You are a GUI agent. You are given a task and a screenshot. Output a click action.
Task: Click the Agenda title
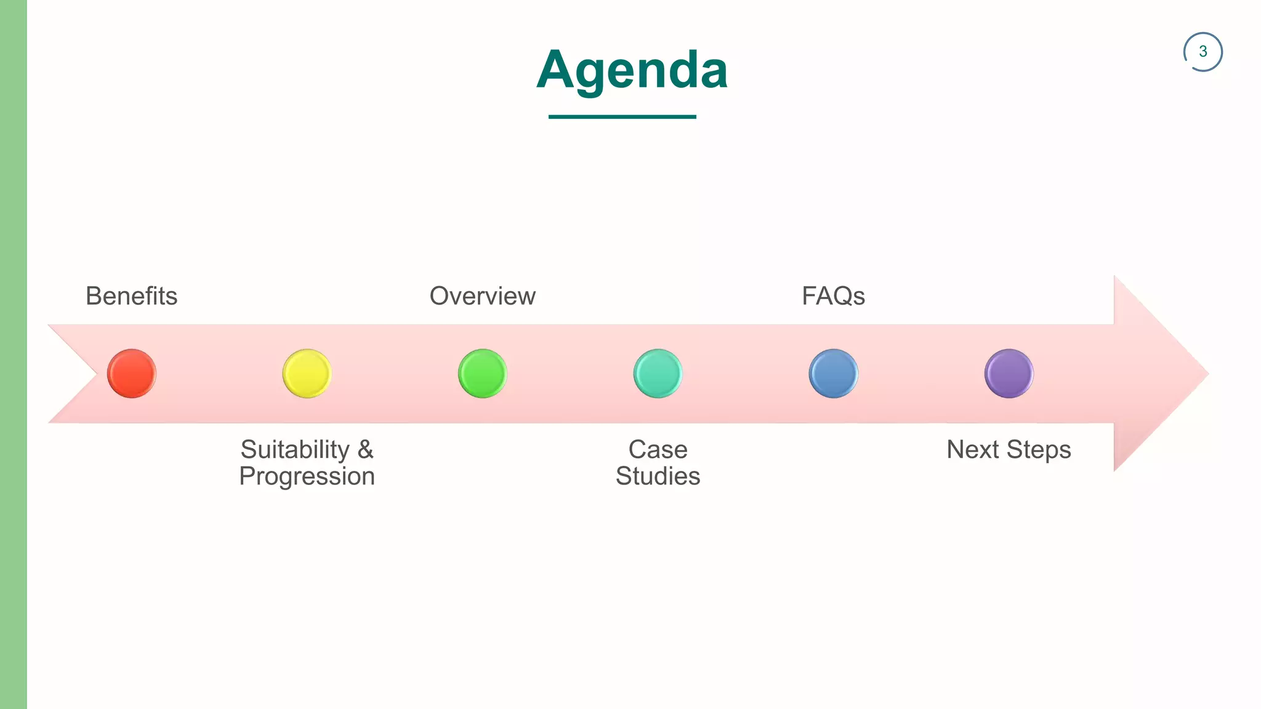point(632,70)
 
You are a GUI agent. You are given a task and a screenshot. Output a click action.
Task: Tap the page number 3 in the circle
point(1203,52)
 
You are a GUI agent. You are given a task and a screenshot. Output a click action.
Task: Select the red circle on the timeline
point(132,374)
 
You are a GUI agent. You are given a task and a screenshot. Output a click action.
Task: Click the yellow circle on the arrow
point(307,374)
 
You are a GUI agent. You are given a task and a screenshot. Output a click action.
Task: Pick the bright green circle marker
point(482,374)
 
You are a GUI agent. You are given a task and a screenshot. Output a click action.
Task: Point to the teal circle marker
point(658,374)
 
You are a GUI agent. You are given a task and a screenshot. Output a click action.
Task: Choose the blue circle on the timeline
point(833,374)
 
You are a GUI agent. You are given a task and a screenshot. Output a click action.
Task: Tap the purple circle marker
point(1009,374)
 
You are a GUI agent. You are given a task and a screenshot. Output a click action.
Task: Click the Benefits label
point(131,296)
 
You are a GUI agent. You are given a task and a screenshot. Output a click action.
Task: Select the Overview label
point(482,296)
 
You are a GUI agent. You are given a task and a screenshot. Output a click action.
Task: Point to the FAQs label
point(833,296)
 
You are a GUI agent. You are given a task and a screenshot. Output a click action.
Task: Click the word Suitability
point(295,450)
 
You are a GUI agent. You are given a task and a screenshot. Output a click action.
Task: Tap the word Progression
point(307,477)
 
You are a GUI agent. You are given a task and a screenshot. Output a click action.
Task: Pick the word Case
point(658,450)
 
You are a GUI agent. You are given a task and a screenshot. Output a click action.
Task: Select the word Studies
point(658,476)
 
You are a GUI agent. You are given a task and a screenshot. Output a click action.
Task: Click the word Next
point(972,450)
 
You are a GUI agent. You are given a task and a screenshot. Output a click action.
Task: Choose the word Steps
point(1039,451)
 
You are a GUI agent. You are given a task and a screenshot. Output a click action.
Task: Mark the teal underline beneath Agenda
point(622,116)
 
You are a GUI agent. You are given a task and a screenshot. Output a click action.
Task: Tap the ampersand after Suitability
point(366,450)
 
